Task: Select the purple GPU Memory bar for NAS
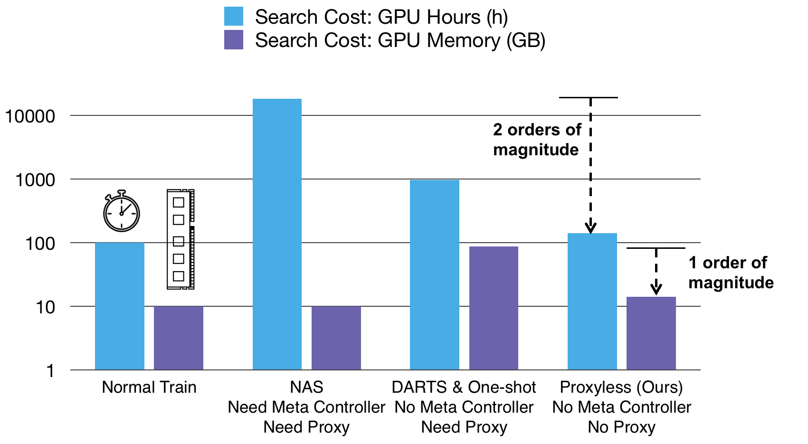point(336,338)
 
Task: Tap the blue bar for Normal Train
point(120,306)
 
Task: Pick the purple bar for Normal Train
point(179,338)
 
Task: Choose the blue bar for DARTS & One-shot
point(434,274)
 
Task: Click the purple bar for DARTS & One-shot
point(494,308)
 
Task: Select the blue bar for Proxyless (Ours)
point(592,301)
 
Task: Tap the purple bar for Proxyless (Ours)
point(651,333)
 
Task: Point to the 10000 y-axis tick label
point(30,116)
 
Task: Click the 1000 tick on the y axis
point(35,180)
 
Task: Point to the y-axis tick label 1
point(50,371)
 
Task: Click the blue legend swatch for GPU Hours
point(234,16)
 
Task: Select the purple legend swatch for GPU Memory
point(234,40)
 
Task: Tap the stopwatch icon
point(122,211)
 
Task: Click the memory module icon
point(181,239)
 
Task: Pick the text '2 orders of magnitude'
point(537,140)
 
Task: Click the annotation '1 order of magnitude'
point(731,273)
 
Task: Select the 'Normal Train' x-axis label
point(149,387)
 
